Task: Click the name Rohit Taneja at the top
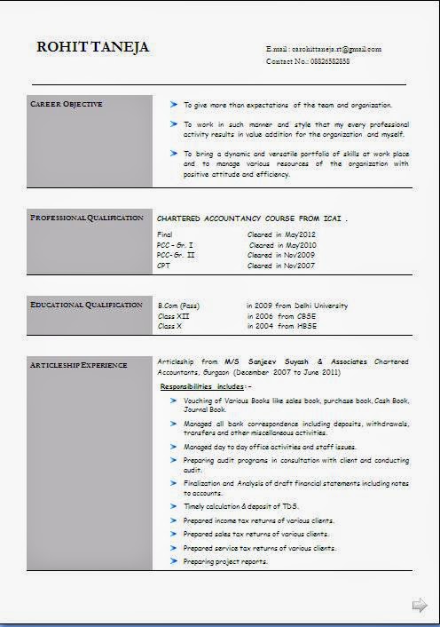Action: pyautogui.click(x=92, y=47)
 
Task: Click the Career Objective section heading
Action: pyautogui.click(x=67, y=105)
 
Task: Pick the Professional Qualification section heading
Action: pyautogui.click(x=86, y=218)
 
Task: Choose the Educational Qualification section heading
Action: pyautogui.click(x=86, y=305)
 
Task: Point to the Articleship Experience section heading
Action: pyautogui.click(x=78, y=365)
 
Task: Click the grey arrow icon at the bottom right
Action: pyautogui.click(x=420, y=606)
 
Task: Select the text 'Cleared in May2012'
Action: pyautogui.click(x=281, y=234)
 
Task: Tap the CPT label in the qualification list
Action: pyautogui.click(x=164, y=266)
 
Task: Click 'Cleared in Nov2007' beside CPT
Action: pyautogui.click(x=281, y=266)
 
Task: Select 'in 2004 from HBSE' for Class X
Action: pyautogui.click(x=283, y=327)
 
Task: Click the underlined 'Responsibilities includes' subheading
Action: pyautogui.click(x=206, y=387)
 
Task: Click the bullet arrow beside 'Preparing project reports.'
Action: pyautogui.click(x=174, y=561)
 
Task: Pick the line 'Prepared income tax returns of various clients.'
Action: pyautogui.click(x=258, y=520)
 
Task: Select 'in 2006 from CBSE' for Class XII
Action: pyautogui.click(x=283, y=316)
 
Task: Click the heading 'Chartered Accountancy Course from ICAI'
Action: pyautogui.click(x=252, y=218)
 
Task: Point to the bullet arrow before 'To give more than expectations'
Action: pyautogui.click(x=174, y=104)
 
